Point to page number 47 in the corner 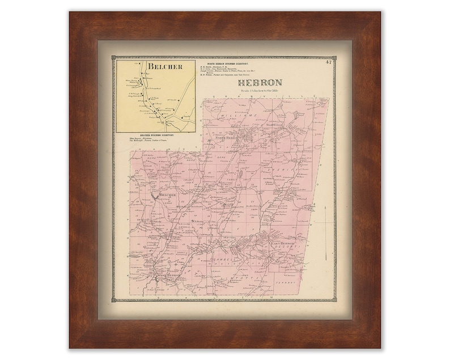pyautogui.click(x=329, y=62)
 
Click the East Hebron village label pyautogui.click(x=284, y=243)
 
